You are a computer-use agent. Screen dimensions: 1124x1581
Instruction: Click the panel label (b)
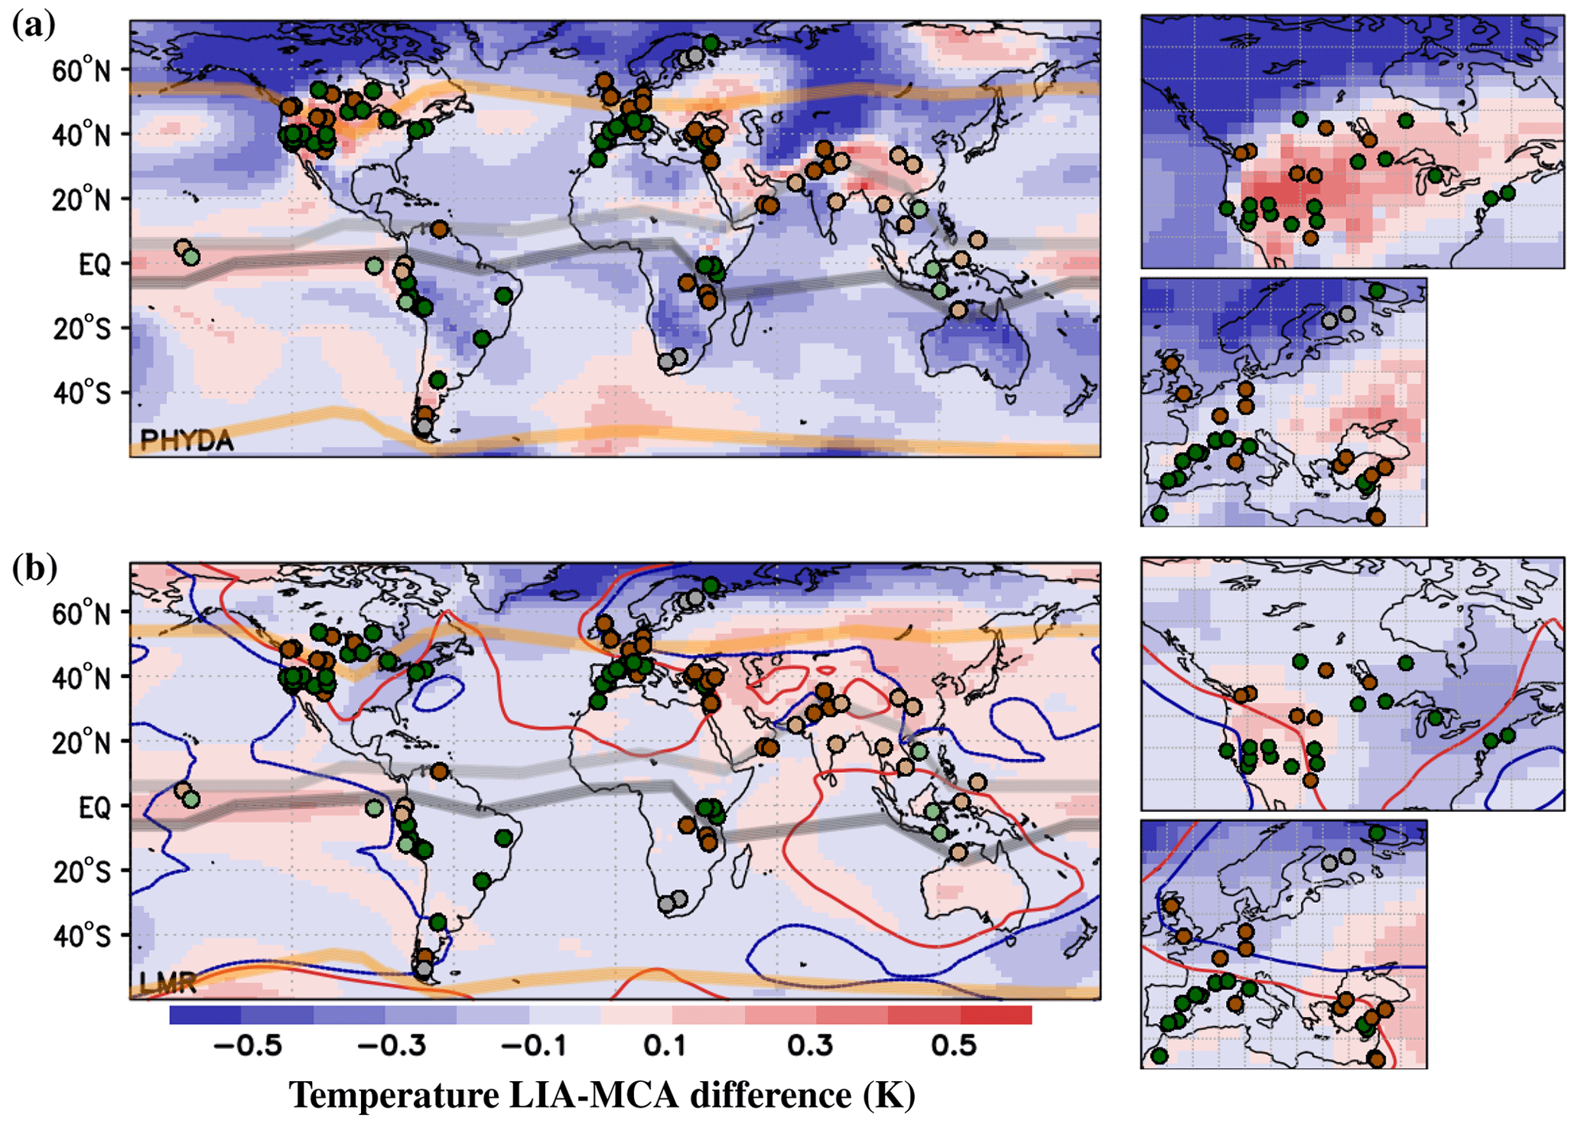tap(34, 569)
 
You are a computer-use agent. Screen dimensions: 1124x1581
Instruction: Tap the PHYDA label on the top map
tap(187, 440)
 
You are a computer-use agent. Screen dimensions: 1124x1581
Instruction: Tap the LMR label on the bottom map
tap(168, 982)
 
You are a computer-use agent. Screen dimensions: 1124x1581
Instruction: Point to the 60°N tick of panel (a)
tap(81, 71)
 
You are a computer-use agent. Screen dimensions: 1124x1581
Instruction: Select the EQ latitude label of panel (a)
tap(95, 265)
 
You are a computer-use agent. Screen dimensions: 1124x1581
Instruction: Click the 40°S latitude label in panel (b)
tap(81, 936)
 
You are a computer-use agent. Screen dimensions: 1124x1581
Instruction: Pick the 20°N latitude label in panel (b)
tap(81, 742)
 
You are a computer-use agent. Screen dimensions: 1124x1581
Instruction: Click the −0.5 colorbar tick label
tap(249, 1046)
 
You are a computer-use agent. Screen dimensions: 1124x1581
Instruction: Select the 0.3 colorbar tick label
tap(810, 1046)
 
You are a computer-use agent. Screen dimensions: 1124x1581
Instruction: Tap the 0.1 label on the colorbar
tap(665, 1046)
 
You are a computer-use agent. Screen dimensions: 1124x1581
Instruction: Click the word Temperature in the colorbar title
tap(394, 1095)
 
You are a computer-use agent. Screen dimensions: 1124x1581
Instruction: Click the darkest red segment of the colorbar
tap(996, 1015)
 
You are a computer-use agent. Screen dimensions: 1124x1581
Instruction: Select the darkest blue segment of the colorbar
tap(205, 1015)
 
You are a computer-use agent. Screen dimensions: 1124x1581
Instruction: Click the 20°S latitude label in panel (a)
tap(81, 329)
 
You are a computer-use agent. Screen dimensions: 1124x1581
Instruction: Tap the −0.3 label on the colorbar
tap(392, 1046)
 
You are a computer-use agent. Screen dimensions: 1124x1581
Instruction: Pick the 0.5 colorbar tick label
tap(954, 1046)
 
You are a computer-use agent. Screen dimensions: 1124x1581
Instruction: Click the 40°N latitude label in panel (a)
tap(81, 135)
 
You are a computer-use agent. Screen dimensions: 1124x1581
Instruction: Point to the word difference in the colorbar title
tap(771, 1095)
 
